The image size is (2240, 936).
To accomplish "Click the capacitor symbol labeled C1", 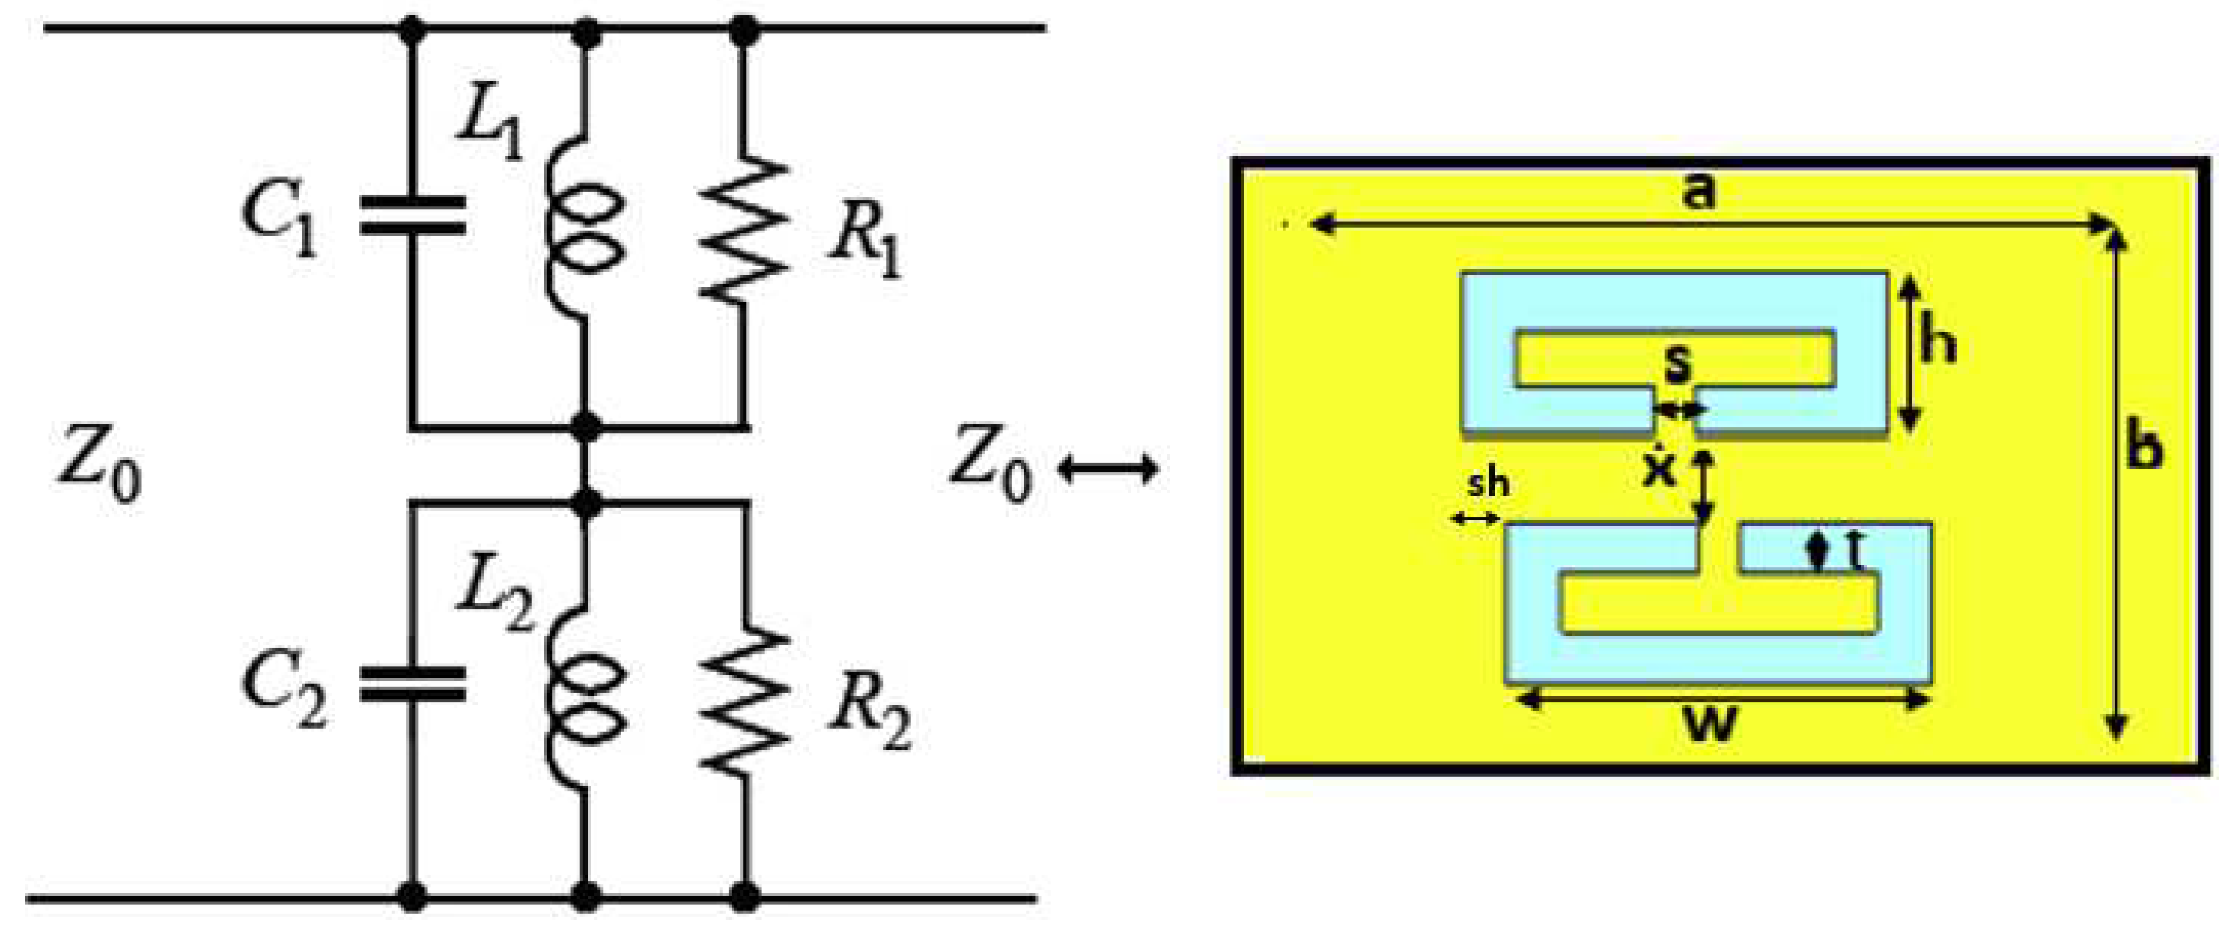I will tap(412, 216).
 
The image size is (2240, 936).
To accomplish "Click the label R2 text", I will tap(869, 719).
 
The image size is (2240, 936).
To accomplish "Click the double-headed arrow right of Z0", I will tap(1108, 471).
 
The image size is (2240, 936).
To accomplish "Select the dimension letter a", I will tap(1699, 192).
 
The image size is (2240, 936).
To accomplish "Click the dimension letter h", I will tap(1938, 343).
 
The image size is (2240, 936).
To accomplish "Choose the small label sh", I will tap(1489, 484).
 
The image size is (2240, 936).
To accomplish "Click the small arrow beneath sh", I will tap(1475, 519).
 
